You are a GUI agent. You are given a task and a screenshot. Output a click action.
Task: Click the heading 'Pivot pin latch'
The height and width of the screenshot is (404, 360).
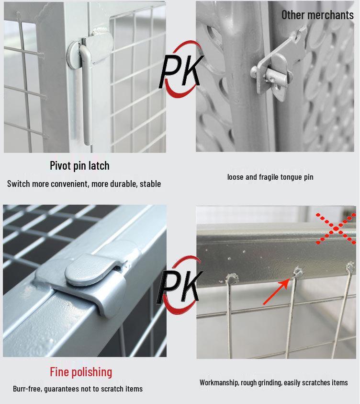pyautogui.click(x=79, y=166)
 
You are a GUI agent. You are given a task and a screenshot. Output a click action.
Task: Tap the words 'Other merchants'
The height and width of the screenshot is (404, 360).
pyautogui.click(x=317, y=15)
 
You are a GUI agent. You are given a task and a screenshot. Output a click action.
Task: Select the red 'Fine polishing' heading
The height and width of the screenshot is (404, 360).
pyautogui.click(x=81, y=372)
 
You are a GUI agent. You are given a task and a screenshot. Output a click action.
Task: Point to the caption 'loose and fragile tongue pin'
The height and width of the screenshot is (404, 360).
pyautogui.click(x=270, y=177)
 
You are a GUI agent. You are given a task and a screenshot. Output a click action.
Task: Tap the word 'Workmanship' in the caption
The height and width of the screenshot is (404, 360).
pyautogui.click(x=219, y=382)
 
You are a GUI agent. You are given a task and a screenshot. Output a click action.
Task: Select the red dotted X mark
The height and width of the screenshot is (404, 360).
pyautogui.click(x=336, y=228)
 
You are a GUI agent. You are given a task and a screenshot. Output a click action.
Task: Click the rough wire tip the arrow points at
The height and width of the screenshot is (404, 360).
pyautogui.click(x=298, y=272)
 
